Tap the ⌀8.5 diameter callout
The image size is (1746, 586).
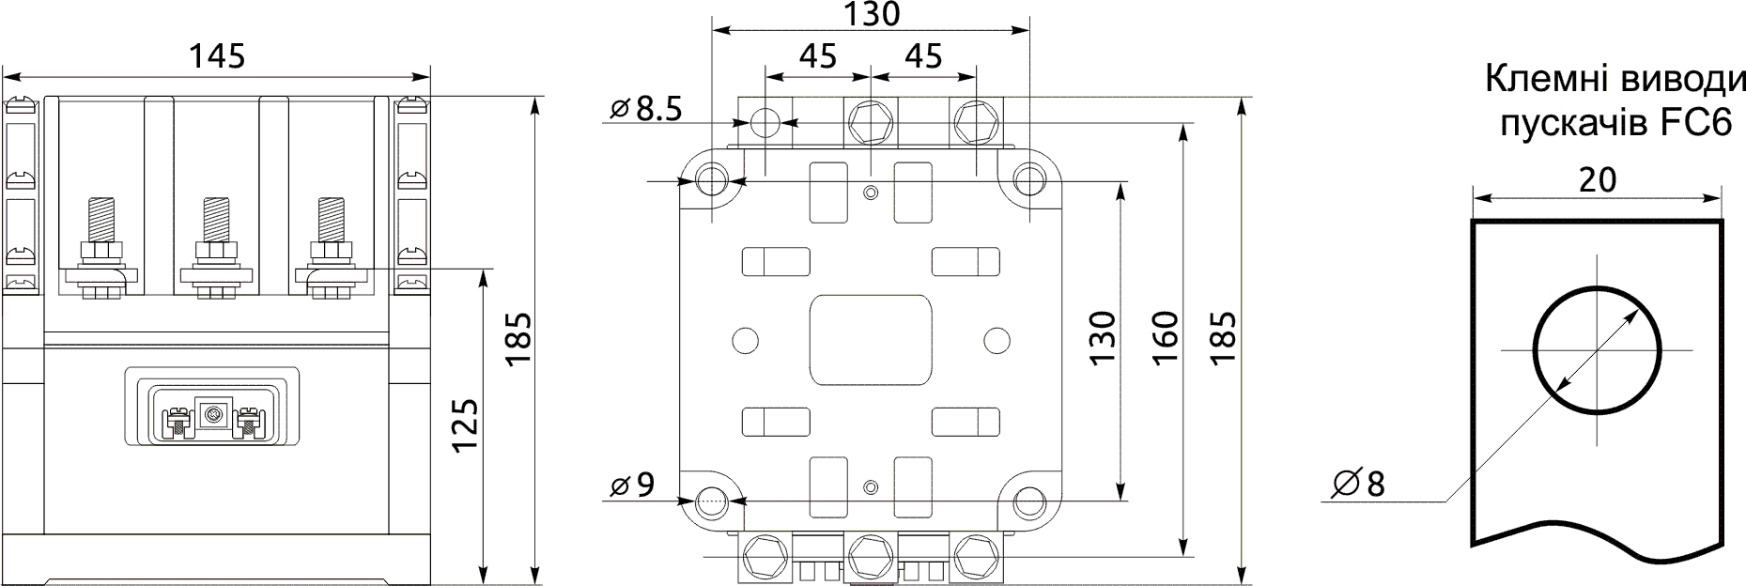tap(646, 109)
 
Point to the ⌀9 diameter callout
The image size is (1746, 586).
tap(631, 485)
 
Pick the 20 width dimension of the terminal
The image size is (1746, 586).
tap(1598, 178)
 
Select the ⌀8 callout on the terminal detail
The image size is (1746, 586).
tap(1358, 484)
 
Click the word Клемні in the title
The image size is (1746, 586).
tap(1540, 80)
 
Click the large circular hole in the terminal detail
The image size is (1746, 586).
tap(1596, 350)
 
